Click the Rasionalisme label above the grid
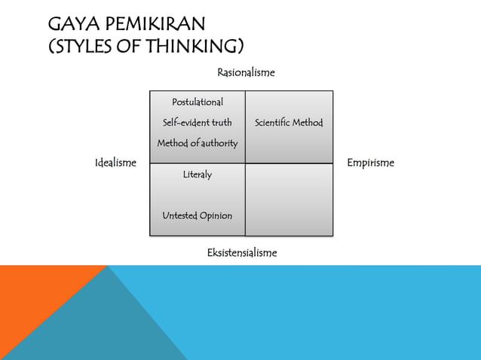pyautogui.click(x=246, y=73)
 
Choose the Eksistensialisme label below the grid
pyautogui.click(x=241, y=253)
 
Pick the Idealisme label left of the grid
pyautogui.click(x=115, y=163)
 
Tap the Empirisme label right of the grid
pyautogui.click(x=370, y=163)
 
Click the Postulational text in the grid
pyautogui.click(x=198, y=102)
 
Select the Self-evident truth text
pyautogui.click(x=198, y=122)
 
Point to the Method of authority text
pyautogui.click(x=198, y=143)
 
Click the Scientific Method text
pyautogui.click(x=289, y=122)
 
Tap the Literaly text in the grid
pyautogui.click(x=198, y=175)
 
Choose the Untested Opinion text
pyautogui.click(x=198, y=216)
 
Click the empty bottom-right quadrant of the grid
pyautogui.click(x=289, y=200)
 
